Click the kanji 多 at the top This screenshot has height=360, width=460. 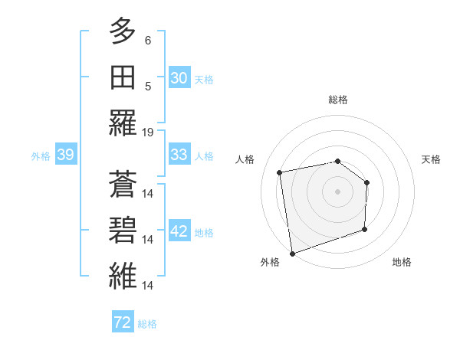pos(123,32)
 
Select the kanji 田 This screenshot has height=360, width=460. pos(123,78)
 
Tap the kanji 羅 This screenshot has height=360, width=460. pos(123,124)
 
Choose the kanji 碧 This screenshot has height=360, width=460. pos(123,231)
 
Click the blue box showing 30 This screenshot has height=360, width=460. pos(179,78)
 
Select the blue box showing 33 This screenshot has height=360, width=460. pos(179,155)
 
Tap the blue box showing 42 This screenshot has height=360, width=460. pos(179,231)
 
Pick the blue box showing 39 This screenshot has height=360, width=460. pos(65,155)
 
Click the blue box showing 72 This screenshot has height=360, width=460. pos(123,322)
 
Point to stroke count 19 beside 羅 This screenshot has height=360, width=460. pos(148,132)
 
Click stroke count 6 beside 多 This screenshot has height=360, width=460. pos(148,39)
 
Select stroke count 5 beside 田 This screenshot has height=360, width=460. pos(148,86)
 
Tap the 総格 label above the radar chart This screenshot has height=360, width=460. pos(337,100)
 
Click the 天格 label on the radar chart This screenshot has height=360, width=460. pos(432,159)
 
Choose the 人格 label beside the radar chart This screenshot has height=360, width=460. pos(245,159)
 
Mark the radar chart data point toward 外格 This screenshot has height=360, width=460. pos(291,253)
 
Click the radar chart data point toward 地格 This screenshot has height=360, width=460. pos(365,229)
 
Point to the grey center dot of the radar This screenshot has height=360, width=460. pos(337,191)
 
